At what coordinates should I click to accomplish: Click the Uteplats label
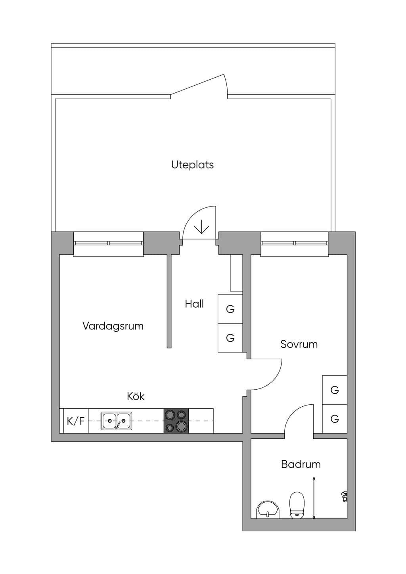pos(192,165)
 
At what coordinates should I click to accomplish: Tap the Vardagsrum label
pos(113,326)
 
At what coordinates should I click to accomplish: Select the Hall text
pos(194,304)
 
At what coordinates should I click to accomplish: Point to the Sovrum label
pos(299,344)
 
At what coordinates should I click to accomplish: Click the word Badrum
pos(301,464)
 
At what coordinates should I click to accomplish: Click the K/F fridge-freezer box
pos(76,421)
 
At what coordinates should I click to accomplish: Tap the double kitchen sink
pos(116,421)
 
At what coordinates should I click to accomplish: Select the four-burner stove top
pos(176,421)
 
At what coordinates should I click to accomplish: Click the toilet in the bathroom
pos(297,505)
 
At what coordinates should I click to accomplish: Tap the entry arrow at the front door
pos(201,226)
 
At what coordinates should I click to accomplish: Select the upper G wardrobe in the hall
pos(230,309)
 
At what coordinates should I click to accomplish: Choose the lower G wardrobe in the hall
pos(230,338)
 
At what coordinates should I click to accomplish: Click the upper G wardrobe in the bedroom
pos(335,390)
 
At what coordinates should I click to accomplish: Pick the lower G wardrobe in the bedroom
pos(335,419)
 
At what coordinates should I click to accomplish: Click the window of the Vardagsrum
pos(108,243)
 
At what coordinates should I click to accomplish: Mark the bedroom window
pos(295,243)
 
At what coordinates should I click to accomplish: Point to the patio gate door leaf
pos(197,84)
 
